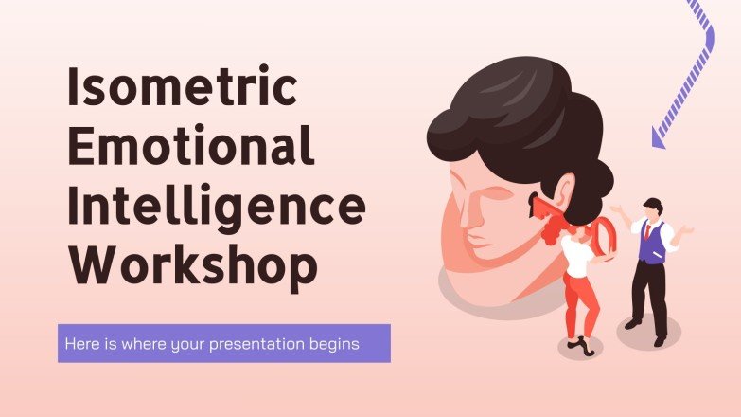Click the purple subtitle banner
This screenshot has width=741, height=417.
coord(223,343)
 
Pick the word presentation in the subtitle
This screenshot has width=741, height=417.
coord(269,343)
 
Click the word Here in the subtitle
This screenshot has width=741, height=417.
coord(79,343)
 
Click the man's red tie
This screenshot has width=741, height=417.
coord(648,231)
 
